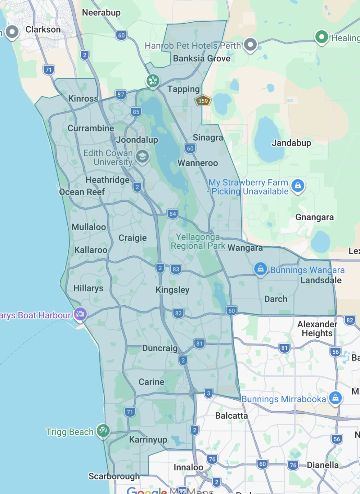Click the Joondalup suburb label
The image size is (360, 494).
[x=137, y=140]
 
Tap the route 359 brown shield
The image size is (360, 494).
[x=203, y=101]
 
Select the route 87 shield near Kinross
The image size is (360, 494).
[x=121, y=95]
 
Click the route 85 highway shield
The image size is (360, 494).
[x=136, y=112]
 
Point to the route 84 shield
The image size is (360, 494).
[x=173, y=214]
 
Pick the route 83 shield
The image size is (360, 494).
[x=176, y=269]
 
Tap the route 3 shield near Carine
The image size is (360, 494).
[x=208, y=393]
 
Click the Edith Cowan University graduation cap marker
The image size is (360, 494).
[x=142, y=157]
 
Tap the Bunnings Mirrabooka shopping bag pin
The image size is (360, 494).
[x=335, y=398]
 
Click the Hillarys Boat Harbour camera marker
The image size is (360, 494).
[x=80, y=314]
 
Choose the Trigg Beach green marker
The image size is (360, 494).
[x=103, y=431]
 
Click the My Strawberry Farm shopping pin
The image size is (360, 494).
[x=298, y=186]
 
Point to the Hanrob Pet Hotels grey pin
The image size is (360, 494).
[x=250, y=45]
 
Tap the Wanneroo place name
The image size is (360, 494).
[x=197, y=163]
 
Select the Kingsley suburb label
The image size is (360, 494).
[x=172, y=290]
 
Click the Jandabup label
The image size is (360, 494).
[x=291, y=143]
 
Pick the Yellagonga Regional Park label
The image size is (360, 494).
[x=198, y=242]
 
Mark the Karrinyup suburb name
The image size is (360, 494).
[x=148, y=439]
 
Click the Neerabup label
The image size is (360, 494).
[x=101, y=13]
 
